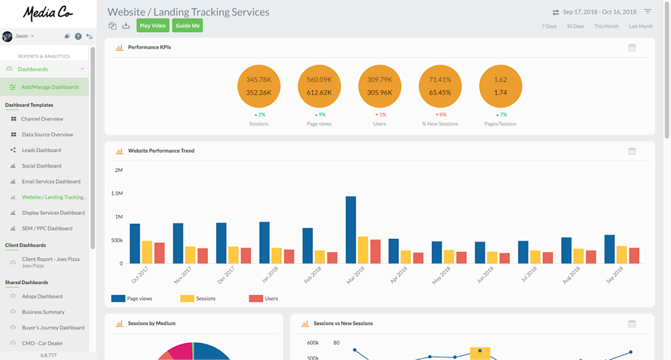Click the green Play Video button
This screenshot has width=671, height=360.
(x=153, y=26)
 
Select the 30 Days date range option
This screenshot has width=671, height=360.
(x=575, y=27)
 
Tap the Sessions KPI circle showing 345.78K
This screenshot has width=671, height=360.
(x=259, y=86)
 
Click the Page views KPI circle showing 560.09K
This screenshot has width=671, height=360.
(x=319, y=86)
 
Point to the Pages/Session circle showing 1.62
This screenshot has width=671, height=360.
(x=501, y=86)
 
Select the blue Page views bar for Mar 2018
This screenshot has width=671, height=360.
(x=351, y=230)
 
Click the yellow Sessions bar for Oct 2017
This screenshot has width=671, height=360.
(x=147, y=252)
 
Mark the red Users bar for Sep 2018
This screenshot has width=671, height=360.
(x=634, y=255)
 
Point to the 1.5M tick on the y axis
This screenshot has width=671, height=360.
(x=116, y=194)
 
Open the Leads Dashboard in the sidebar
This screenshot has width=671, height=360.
(x=41, y=151)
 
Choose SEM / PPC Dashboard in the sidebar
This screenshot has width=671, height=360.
(x=47, y=229)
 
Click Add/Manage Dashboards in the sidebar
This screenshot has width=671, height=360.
(x=49, y=87)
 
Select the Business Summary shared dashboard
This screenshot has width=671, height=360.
(x=43, y=312)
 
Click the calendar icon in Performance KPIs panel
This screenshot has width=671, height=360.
(x=632, y=48)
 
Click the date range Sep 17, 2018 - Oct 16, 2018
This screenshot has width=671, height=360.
(x=599, y=12)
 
